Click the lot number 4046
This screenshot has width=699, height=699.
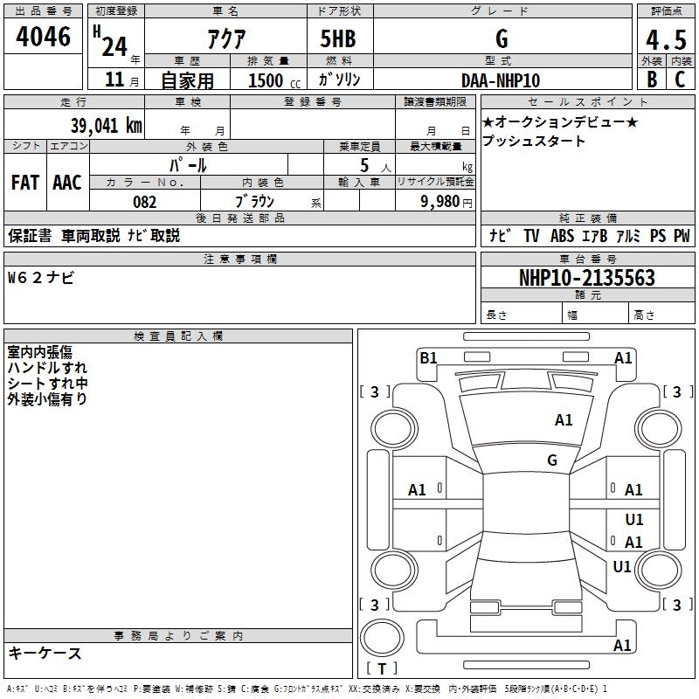(x=44, y=36)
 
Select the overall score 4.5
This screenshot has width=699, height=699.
(x=665, y=40)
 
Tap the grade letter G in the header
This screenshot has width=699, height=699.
(x=501, y=38)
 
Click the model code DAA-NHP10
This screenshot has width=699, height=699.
(x=501, y=80)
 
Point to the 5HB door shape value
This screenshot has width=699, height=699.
(x=338, y=38)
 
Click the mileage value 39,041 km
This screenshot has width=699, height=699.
(x=106, y=126)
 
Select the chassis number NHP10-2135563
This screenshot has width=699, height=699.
(x=586, y=278)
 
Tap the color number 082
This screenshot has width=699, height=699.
(x=144, y=202)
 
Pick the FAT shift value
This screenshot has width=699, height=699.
(x=24, y=183)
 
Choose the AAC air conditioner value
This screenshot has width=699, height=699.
(x=66, y=183)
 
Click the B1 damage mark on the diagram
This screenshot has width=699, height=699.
(x=428, y=357)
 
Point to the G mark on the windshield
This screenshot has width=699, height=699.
(x=552, y=460)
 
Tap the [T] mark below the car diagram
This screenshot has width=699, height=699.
(x=382, y=668)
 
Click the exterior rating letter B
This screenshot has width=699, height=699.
(x=651, y=80)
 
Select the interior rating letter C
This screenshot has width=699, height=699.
(x=680, y=80)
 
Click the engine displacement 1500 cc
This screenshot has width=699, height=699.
(x=272, y=80)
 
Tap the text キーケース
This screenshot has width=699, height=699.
(x=45, y=653)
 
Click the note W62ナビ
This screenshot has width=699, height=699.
(x=41, y=278)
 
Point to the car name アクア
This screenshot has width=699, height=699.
(x=225, y=38)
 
